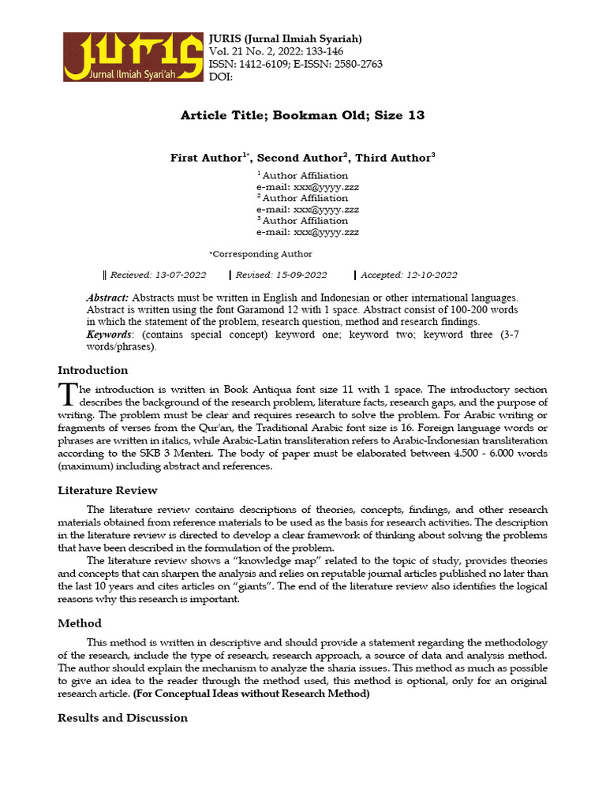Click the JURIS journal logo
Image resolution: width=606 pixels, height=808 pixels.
132,57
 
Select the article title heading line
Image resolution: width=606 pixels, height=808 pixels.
302,115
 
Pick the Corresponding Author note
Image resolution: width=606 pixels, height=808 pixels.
261,254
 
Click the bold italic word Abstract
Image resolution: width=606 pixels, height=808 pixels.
107,298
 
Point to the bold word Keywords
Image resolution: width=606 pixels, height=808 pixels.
109,335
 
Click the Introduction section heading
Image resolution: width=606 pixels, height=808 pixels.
93,370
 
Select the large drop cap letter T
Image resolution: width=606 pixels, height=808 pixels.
67,393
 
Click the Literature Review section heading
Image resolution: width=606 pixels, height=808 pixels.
107,490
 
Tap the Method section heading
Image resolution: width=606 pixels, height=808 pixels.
80,623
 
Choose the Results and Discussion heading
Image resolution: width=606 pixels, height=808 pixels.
123,717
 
